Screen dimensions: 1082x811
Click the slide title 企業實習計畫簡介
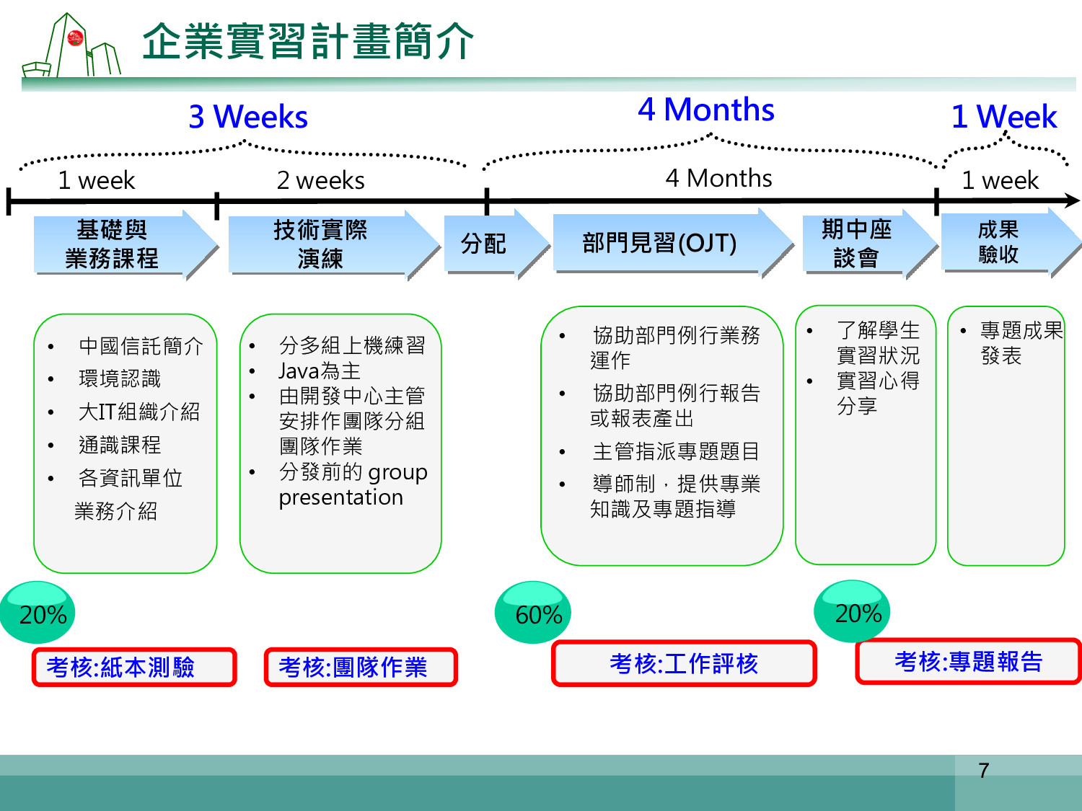pyautogui.click(x=308, y=41)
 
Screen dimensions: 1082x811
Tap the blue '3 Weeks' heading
pyautogui.click(x=248, y=117)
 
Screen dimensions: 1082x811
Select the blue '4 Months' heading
pyautogui.click(x=706, y=110)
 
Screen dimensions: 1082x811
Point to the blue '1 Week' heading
pyautogui.click(x=1004, y=117)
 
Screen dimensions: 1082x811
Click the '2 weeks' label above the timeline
pyautogui.click(x=320, y=180)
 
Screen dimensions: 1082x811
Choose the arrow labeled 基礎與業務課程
pyautogui.click(x=126, y=244)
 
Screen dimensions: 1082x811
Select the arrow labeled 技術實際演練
pyautogui.click(x=334, y=244)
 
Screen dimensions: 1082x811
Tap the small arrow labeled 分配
pyautogui.click(x=497, y=244)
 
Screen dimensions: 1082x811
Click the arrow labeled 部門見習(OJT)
pyautogui.click(x=673, y=243)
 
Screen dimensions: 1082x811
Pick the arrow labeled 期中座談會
pyautogui.click(x=870, y=244)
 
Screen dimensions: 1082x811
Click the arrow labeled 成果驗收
pyautogui.click(x=1011, y=242)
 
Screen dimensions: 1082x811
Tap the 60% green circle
pyautogui.click(x=533, y=612)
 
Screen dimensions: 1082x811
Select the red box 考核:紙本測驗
pyautogui.click(x=134, y=668)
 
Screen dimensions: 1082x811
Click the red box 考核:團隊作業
pyautogui.click(x=361, y=668)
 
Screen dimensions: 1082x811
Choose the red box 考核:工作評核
pyautogui.click(x=684, y=663)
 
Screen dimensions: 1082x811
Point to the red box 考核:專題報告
pyautogui.click(x=969, y=661)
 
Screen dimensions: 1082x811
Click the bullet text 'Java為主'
pyautogui.click(x=320, y=371)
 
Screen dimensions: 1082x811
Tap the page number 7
pyautogui.click(x=984, y=771)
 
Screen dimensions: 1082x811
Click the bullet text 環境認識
pyautogui.click(x=120, y=378)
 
